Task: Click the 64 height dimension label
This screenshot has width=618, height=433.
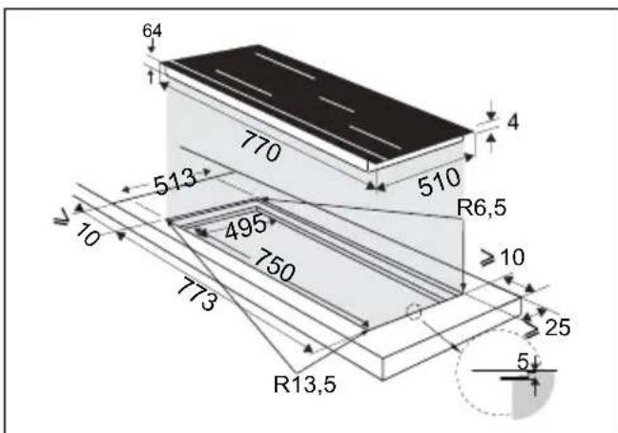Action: [x=152, y=30]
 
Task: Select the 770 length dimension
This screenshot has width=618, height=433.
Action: [x=260, y=147]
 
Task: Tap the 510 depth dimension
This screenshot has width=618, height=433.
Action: [x=439, y=181]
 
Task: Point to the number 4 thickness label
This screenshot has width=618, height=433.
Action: [x=513, y=122]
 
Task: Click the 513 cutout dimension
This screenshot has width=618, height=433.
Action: [x=175, y=181]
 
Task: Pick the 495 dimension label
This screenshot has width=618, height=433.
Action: [x=246, y=227]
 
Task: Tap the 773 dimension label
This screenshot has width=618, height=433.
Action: [x=196, y=294]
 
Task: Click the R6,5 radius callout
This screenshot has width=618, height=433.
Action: [x=482, y=208]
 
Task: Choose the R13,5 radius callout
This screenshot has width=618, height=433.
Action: [x=305, y=383]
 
